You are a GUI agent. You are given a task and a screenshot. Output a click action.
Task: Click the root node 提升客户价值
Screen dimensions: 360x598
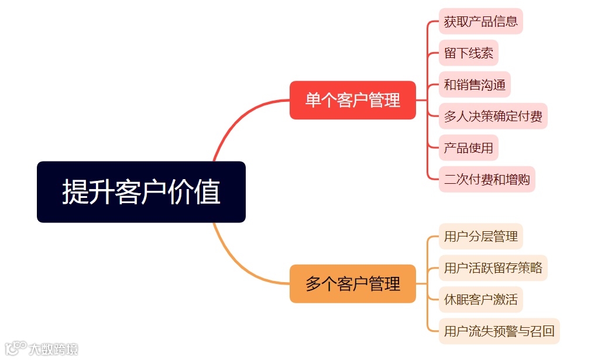click(141, 192)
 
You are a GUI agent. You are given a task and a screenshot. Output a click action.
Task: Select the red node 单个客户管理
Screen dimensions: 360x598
click(352, 100)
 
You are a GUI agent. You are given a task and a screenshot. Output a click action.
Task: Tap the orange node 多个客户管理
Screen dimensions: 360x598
click(352, 284)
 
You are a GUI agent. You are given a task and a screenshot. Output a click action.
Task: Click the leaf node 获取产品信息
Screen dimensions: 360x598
click(480, 22)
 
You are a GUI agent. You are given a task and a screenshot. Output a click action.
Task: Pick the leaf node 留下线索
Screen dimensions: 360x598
click(468, 53)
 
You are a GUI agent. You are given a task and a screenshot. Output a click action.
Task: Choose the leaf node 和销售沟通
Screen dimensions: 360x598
click(475, 84)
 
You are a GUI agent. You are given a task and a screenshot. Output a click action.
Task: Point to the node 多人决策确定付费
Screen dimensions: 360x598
click(493, 116)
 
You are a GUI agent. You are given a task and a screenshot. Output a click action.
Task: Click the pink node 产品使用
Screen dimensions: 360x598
click(468, 148)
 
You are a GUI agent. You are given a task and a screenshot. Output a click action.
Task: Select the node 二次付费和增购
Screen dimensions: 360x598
click(487, 179)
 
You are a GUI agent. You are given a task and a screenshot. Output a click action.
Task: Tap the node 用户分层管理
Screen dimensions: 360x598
click(480, 236)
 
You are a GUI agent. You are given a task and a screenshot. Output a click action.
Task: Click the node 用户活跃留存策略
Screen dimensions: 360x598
click(493, 268)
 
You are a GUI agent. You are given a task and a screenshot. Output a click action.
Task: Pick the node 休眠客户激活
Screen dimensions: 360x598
click(480, 300)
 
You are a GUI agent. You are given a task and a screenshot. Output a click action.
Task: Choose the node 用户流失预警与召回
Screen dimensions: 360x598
click(499, 331)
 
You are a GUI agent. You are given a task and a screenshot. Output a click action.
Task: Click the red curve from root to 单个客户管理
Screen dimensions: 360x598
click(234, 120)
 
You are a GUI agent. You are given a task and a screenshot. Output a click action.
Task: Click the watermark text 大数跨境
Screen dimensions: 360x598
click(54, 349)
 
